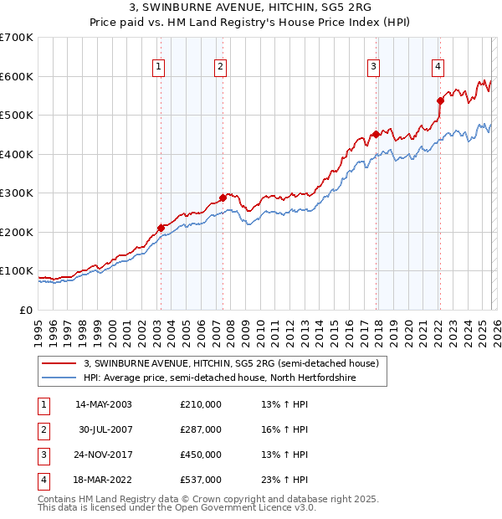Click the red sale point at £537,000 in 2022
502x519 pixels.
click(x=440, y=100)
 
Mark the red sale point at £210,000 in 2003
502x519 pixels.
click(x=161, y=228)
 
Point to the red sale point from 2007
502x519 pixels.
click(x=223, y=198)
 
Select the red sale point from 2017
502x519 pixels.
click(x=376, y=134)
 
